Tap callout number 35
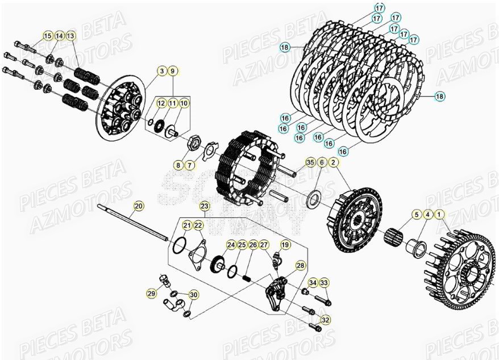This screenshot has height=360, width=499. coord(310,162)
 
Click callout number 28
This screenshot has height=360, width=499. coord(300,265)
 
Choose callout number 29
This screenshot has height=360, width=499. coord(151,293)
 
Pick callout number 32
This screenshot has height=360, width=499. coord(325,320)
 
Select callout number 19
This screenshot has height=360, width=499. coord(285,245)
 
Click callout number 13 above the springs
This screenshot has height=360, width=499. coord(70,36)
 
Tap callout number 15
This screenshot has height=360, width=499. coord(48,36)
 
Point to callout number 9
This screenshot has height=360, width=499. coord(173,71)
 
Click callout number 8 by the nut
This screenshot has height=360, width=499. coord(178,165)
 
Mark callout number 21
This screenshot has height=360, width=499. coord(186,225)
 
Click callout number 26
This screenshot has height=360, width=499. coord(253,245)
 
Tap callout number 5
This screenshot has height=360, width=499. coord(417,215)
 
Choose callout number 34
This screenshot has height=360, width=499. coord(313,283)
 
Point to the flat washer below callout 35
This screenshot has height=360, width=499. coord(311,199)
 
